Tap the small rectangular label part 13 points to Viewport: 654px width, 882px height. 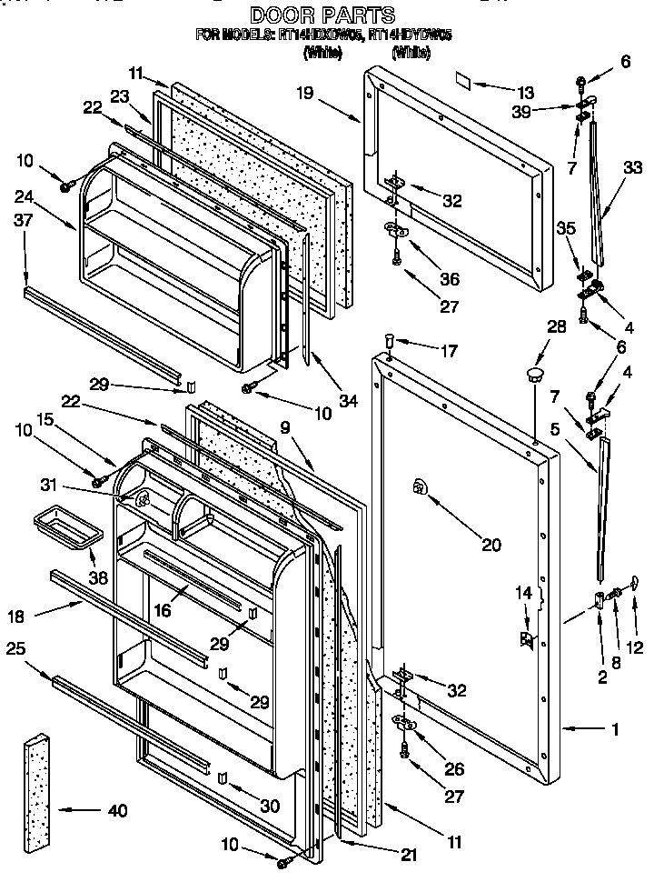[x=462, y=81]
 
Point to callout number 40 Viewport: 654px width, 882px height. [x=117, y=810]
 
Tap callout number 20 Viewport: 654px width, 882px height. [x=490, y=546]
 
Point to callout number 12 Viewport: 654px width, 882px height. [x=638, y=621]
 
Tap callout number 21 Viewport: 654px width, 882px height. [x=411, y=856]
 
